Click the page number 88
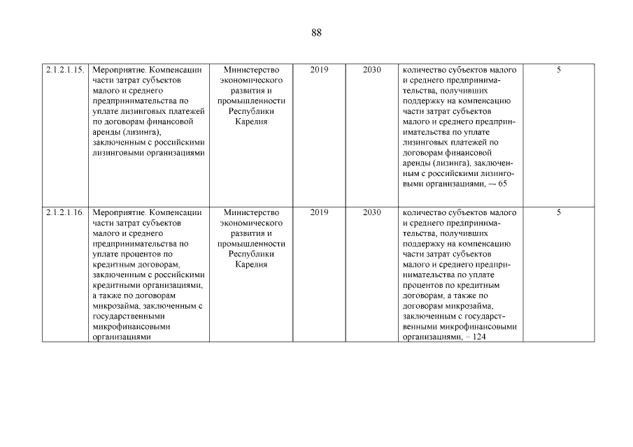316,33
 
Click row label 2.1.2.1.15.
65,71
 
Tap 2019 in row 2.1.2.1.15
319,71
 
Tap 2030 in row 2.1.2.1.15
372,71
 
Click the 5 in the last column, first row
559,71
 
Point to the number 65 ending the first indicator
502,184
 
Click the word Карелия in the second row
251,265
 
